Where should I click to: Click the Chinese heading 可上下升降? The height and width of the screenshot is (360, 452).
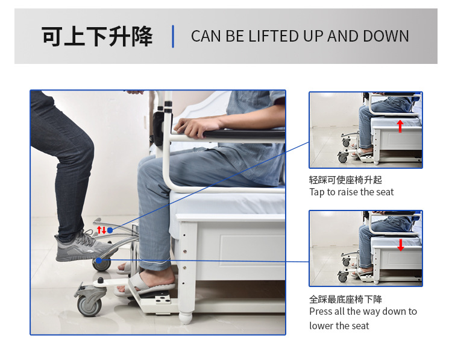click(97, 36)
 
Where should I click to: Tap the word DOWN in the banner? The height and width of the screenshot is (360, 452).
click(386, 36)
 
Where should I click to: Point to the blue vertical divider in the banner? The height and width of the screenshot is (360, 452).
click(173, 36)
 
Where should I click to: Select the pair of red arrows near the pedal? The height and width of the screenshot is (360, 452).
click(101, 230)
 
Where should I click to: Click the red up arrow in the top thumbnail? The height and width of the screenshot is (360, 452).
click(400, 126)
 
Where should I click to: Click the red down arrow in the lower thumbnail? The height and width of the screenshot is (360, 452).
click(400, 245)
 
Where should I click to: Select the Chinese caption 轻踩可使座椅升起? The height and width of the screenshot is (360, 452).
click(345, 180)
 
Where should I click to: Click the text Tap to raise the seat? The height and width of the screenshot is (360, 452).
click(351, 192)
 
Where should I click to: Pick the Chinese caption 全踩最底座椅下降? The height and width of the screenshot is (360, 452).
click(345, 299)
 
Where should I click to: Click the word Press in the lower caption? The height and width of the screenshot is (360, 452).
click(321, 311)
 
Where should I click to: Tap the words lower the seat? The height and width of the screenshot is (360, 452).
click(339, 326)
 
